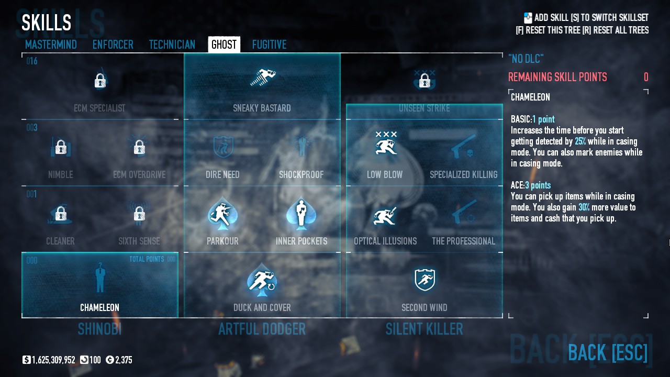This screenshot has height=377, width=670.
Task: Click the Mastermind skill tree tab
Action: [51, 45]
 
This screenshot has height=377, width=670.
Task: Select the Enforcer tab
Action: [113, 45]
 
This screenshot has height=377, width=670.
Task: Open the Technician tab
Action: [172, 45]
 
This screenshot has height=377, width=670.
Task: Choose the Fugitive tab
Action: [269, 45]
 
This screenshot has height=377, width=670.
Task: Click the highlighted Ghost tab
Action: [224, 45]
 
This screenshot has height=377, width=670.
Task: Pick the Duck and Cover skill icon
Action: [262, 280]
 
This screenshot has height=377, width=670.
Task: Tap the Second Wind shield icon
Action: [425, 280]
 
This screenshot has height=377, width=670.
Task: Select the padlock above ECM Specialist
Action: [100, 81]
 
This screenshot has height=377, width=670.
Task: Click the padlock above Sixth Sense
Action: [139, 214]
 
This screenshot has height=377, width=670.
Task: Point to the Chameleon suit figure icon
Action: [100, 278]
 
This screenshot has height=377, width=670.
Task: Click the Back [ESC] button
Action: [607, 353]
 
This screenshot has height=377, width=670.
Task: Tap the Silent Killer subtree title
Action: [424, 329]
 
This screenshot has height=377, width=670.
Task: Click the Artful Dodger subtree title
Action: [262, 329]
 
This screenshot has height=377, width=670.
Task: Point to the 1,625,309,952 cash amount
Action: [53, 360]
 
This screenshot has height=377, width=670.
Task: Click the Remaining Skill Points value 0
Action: [646, 77]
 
